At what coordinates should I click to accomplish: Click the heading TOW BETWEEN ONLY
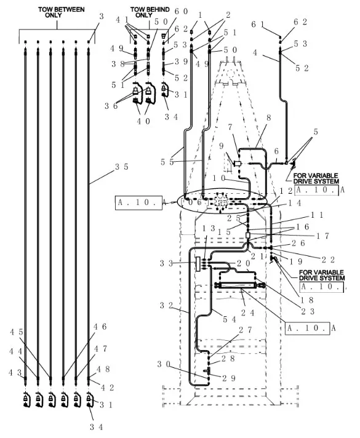57,12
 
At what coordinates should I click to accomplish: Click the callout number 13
208,228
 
